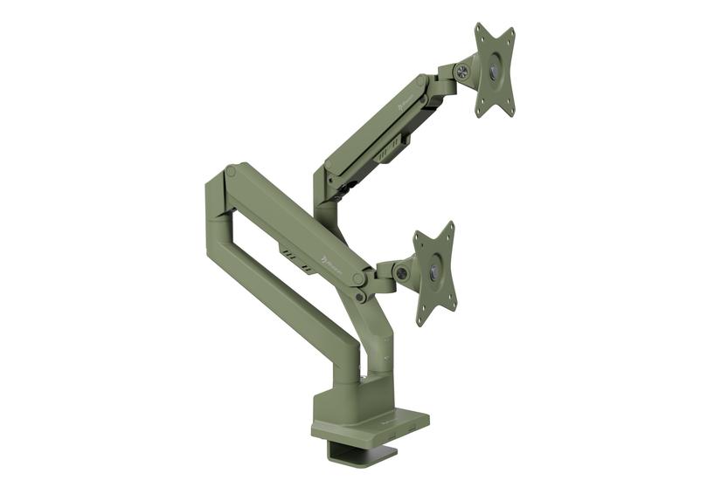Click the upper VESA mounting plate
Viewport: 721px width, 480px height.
pos(495,70)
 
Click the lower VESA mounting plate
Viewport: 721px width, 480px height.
pos(434,272)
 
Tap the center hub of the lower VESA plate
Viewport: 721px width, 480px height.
pos(434,273)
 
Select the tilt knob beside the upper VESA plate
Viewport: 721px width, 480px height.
pos(461,72)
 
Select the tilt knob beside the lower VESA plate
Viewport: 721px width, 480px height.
pos(401,273)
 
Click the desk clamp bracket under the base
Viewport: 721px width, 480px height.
pos(358,450)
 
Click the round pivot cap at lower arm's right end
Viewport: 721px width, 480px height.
pos(358,278)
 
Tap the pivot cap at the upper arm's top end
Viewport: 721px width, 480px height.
pos(425,81)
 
